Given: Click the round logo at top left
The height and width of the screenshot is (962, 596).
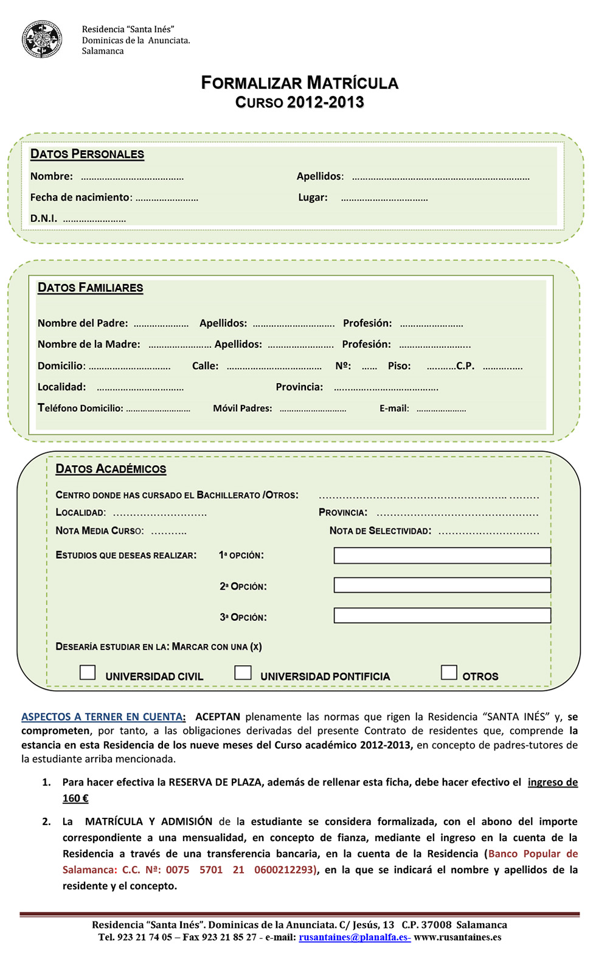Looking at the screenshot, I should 42,40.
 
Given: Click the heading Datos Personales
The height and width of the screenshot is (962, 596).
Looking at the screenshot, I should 87,154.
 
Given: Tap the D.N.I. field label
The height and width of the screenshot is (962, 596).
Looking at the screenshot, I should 44,218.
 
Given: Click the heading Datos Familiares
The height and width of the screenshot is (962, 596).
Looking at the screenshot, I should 90,288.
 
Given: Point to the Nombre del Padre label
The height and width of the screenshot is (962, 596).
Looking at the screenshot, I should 83,324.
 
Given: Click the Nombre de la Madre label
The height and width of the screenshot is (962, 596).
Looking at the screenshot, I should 89,344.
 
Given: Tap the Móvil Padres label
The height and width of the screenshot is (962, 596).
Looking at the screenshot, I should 242,409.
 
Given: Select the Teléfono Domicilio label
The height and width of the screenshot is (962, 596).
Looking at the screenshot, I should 80,408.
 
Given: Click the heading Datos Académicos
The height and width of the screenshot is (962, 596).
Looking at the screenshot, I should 111,469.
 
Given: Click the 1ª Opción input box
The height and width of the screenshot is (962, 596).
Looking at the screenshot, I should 442,555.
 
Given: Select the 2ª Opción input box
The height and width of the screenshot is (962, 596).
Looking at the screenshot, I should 442,585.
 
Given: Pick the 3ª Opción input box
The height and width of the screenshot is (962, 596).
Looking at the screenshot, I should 442,615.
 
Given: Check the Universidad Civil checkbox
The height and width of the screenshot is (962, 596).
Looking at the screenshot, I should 88,672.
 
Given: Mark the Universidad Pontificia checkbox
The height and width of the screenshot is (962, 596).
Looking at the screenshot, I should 243,672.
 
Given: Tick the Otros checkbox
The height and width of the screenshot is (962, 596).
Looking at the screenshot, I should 449,672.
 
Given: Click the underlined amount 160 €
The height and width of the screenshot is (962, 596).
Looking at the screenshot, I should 75,798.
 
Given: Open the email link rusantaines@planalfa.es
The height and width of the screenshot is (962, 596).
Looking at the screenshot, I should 354,937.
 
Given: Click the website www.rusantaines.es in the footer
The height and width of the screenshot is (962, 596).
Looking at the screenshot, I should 457,937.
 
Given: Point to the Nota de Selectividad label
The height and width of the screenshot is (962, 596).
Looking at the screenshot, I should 380,531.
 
